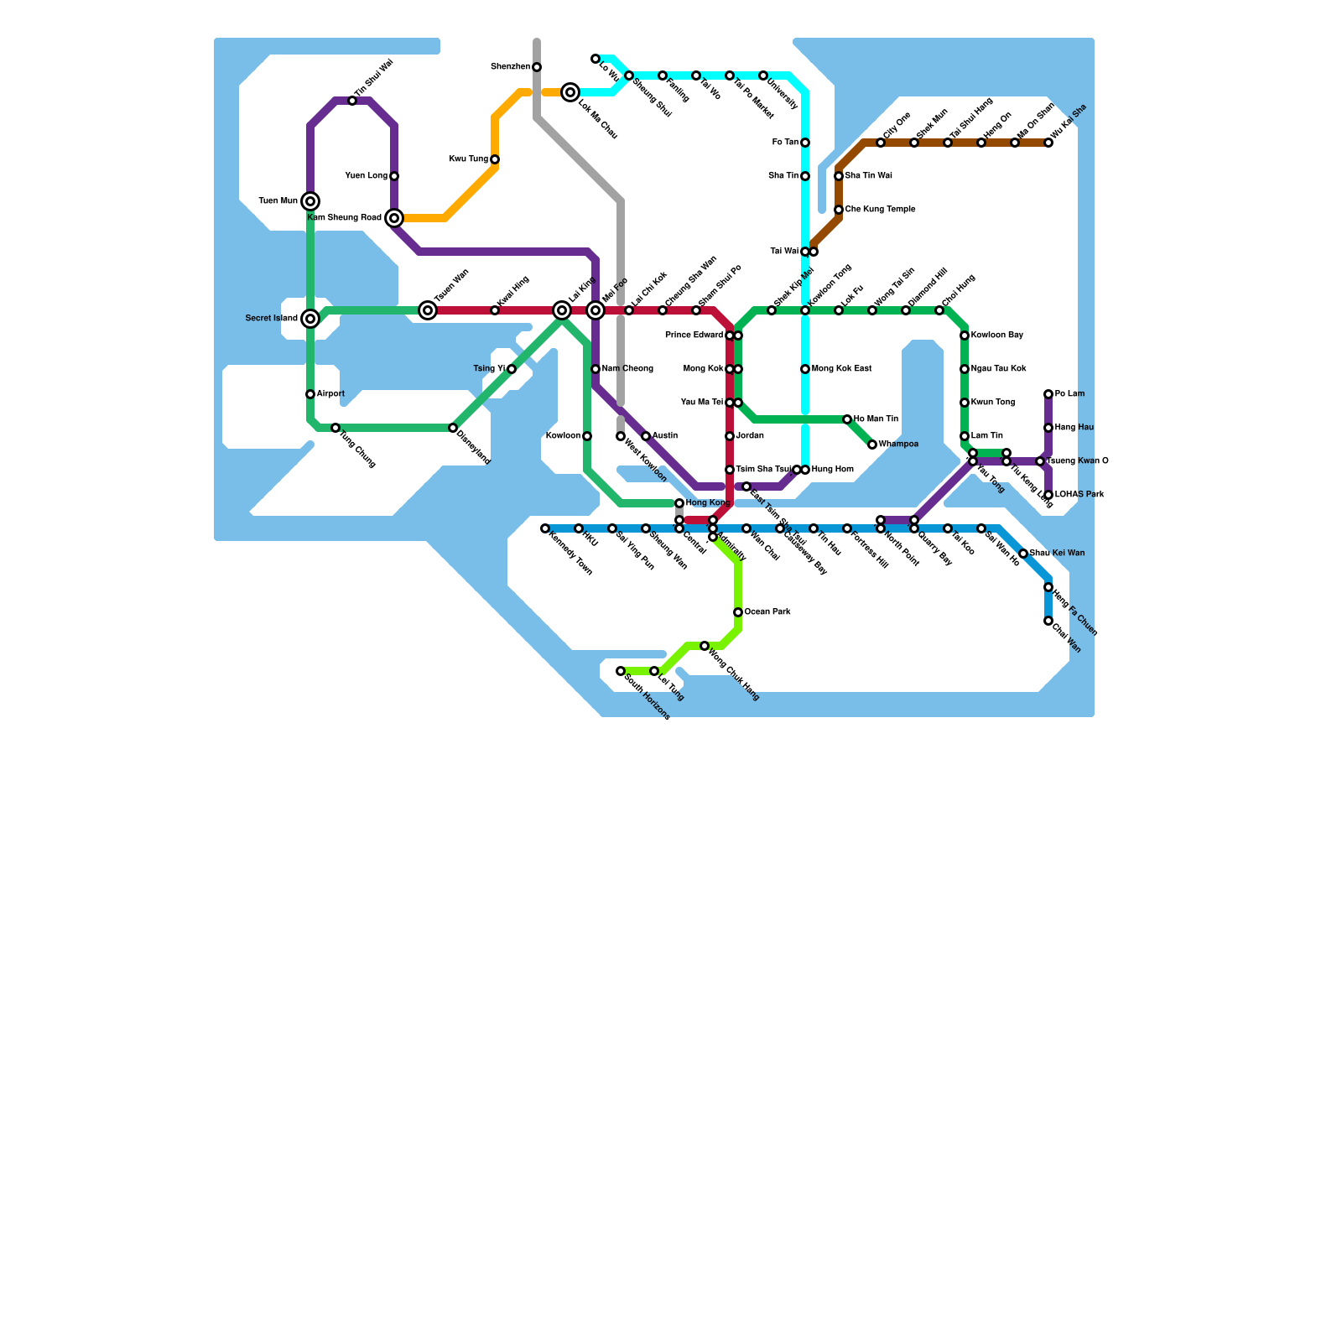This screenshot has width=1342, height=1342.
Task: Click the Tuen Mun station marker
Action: coord(310,201)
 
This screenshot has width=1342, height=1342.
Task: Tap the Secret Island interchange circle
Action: coord(310,319)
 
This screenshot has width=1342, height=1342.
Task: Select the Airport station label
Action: coord(330,394)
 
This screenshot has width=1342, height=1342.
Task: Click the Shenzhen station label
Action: coord(510,67)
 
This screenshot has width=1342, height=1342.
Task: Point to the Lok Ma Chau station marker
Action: coord(570,92)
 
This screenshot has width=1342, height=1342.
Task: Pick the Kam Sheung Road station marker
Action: coord(394,218)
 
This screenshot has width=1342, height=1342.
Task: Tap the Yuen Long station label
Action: coord(367,176)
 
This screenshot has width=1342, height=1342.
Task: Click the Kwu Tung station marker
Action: coord(495,159)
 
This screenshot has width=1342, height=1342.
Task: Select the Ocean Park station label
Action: coord(767,612)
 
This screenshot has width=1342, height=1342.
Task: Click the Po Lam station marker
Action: coord(1048,394)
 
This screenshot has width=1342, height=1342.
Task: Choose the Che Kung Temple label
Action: coord(880,210)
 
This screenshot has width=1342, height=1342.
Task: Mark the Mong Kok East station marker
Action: coord(805,369)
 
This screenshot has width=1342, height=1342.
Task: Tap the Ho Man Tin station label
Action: coord(876,419)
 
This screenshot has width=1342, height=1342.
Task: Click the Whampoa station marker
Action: coord(872,445)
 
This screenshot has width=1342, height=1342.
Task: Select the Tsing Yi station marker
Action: coord(512,369)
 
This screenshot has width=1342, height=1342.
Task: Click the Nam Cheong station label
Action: coord(627,369)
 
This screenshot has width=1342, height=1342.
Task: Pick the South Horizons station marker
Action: coord(621,671)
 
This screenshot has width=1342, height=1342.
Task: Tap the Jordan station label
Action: coord(750,436)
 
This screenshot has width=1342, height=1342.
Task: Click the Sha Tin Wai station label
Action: coord(868,176)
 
